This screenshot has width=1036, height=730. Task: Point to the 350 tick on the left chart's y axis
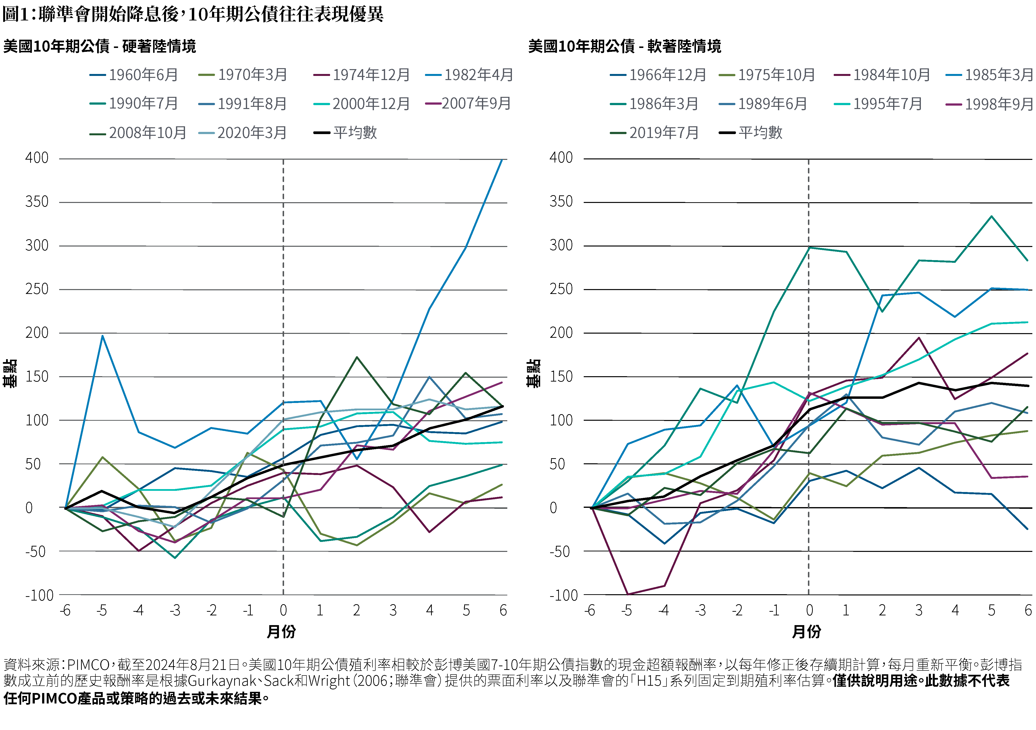(37, 202)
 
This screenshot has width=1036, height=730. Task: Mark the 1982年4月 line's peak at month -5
(102, 336)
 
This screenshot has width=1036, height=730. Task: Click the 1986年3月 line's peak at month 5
(991, 216)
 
